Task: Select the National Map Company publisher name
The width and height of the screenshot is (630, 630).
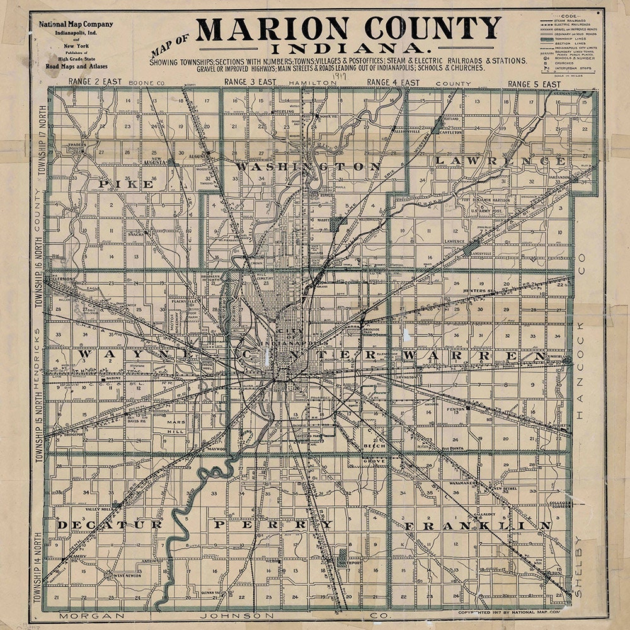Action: [76, 25]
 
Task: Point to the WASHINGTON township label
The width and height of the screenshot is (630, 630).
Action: [309, 166]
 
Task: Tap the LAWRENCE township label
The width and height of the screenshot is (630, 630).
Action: [500, 161]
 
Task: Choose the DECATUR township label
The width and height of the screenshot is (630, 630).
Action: [110, 524]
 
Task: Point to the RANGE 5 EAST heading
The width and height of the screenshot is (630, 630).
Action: [534, 84]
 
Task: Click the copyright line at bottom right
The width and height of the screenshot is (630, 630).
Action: [508, 611]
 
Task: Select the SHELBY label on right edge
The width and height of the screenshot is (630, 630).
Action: [580, 567]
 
